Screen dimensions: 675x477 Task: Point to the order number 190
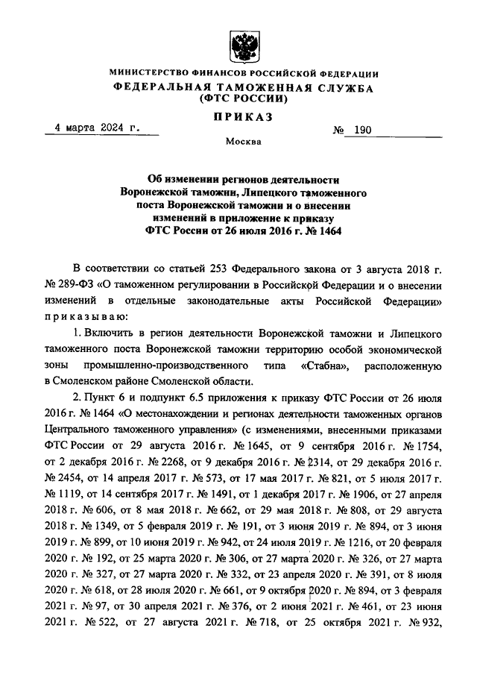click(361, 130)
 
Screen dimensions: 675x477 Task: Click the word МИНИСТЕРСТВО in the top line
click(148, 74)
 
